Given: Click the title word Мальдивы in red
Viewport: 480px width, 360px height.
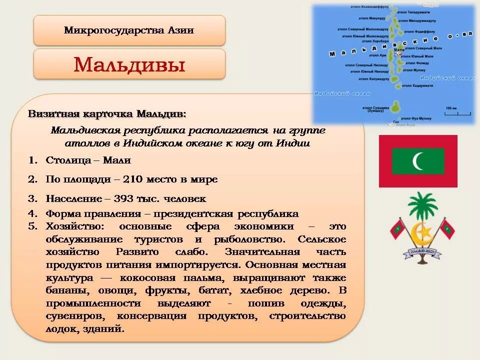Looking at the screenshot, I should [129, 64].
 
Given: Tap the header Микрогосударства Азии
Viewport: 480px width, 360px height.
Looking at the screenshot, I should [129, 30].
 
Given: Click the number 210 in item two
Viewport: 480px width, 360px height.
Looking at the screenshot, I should [133, 179].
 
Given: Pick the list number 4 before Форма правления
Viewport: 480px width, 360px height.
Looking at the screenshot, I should [32, 213].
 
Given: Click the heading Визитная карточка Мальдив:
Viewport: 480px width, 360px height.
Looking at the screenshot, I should [107, 114].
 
